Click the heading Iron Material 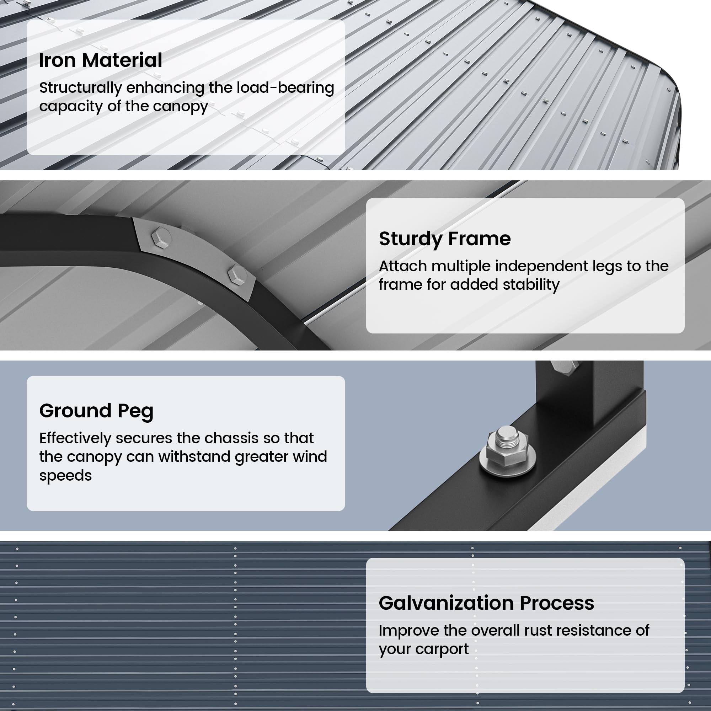pyautogui.click(x=100, y=60)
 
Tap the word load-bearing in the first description pyautogui.click(x=285, y=88)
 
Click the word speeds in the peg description pyautogui.click(x=65, y=475)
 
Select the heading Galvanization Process pyautogui.click(x=486, y=603)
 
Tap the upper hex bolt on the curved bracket pyautogui.click(x=161, y=237)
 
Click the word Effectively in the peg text pyautogui.click(x=75, y=438)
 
